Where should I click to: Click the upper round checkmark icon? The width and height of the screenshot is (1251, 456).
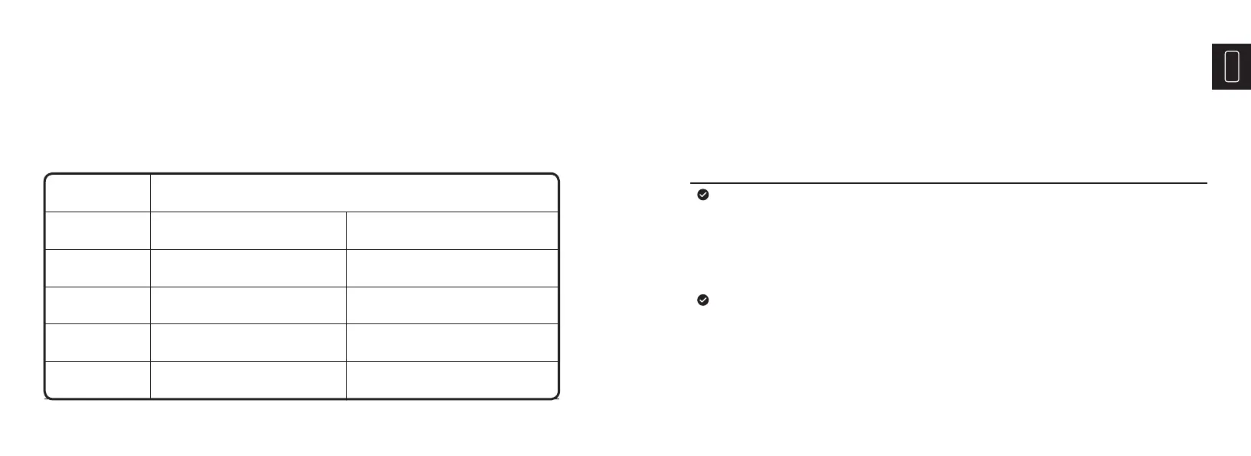[x=702, y=195]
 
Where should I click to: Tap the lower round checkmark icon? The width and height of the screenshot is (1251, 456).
[x=702, y=300]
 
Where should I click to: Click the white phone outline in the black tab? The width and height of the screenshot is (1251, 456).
[x=1232, y=67]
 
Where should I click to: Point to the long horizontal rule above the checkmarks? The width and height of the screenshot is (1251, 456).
[x=948, y=183]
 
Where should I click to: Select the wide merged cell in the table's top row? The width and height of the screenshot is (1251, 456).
[x=354, y=192]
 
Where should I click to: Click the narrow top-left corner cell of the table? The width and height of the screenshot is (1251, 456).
[x=98, y=192]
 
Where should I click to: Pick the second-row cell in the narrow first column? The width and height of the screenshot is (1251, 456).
[x=98, y=230]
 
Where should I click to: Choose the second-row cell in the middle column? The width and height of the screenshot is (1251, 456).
[x=248, y=230]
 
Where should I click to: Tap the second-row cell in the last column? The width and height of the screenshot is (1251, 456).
[x=452, y=230]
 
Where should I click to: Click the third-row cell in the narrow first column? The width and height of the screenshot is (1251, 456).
[x=98, y=267]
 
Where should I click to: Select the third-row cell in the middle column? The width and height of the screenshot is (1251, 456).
[x=248, y=267]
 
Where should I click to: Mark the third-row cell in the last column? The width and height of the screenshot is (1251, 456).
[x=452, y=267]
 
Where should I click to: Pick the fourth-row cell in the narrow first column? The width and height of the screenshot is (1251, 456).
[x=98, y=305]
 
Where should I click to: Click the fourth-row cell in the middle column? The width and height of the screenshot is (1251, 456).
[x=248, y=305]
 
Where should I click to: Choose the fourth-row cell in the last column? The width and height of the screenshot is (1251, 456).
[x=452, y=305]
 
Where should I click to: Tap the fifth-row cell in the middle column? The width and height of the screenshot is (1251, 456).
[x=248, y=342]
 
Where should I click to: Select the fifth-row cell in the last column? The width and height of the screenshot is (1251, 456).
[x=452, y=342]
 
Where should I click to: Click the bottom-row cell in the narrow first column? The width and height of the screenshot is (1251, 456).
[x=98, y=379]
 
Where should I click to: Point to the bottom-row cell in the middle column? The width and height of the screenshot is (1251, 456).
[x=248, y=379]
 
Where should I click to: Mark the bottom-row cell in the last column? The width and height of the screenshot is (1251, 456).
[x=452, y=379]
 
